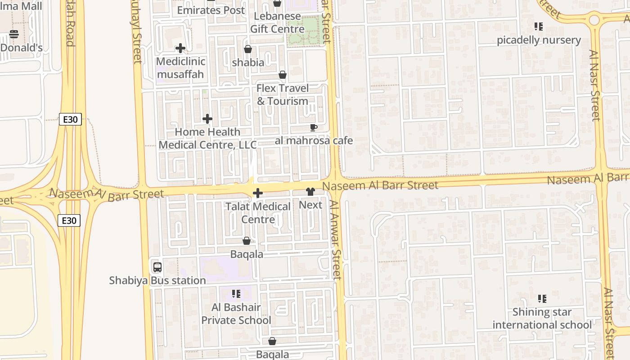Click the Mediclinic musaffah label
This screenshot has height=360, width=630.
coord(180,68)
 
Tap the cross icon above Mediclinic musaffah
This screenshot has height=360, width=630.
coord(180,48)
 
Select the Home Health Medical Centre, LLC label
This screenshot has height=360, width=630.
coord(207,138)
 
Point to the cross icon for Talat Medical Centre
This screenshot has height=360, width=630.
coord(258,193)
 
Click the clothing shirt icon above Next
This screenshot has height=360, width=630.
coord(310,192)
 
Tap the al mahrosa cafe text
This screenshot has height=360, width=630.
coord(314,141)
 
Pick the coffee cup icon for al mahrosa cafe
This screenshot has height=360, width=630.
coord(314,128)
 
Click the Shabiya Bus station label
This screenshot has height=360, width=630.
coord(157,280)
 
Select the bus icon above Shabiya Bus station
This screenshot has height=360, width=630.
coord(157,267)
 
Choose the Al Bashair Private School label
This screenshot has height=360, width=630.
coord(236,314)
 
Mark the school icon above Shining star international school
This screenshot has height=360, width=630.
coord(542,298)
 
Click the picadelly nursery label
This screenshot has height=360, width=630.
coord(539,40)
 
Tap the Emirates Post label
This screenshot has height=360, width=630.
coord(211,10)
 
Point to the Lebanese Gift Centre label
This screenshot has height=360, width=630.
coord(276,22)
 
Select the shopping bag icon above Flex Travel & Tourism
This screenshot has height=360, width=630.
coord(283,75)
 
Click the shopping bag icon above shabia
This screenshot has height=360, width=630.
coord(247,49)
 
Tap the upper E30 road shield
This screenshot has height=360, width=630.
coord(70,119)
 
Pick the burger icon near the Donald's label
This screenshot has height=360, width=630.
coord(14,34)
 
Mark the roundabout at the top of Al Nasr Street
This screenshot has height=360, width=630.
coord(594,20)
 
